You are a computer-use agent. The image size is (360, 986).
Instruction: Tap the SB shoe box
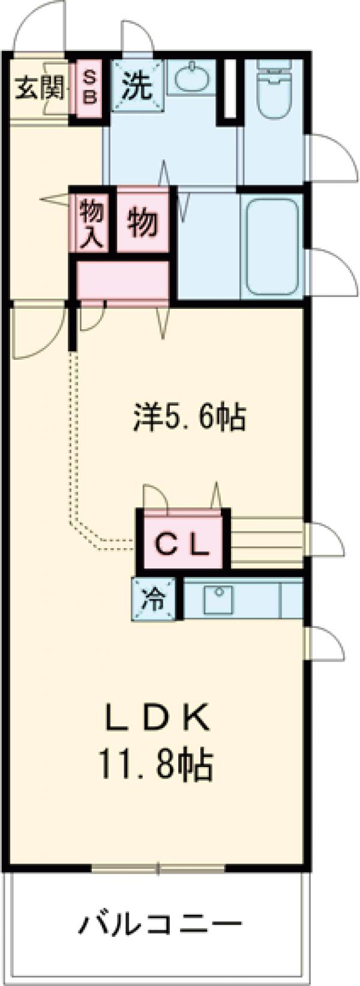click(x=88, y=88)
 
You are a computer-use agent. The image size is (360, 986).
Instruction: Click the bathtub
click(x=273, y=245)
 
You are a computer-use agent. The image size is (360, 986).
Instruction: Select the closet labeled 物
click(x=143, y=221)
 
